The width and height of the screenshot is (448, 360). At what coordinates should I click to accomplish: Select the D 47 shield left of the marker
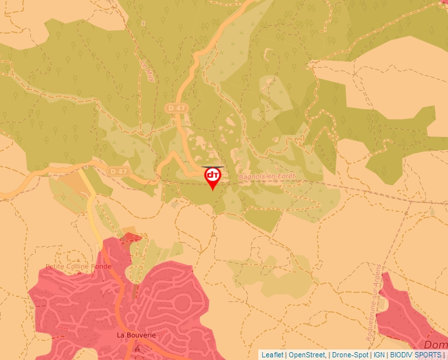[119, 171]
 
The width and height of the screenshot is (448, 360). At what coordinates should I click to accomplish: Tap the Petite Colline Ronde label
[78, 267]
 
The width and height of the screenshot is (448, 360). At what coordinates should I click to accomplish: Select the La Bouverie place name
[136, 335]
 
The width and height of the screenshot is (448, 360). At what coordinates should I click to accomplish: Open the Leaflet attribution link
[272, 355]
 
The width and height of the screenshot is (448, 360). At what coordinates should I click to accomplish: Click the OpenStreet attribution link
[306, 355]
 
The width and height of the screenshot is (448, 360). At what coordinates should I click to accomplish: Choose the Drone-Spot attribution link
[350, 355]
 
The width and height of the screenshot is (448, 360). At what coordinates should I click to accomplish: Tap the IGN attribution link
[379, 355]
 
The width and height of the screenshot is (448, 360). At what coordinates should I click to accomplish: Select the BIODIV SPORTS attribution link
[416, 355]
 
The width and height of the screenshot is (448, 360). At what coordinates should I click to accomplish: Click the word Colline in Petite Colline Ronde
[77, 267]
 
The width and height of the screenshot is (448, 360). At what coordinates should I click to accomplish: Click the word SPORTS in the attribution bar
[429, 355]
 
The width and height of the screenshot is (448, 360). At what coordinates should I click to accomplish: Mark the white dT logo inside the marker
[213, 175]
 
